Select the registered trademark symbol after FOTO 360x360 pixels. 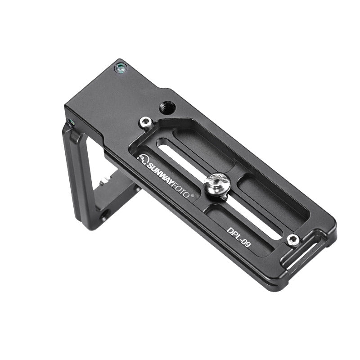pyautogui.click(x=193, y=196)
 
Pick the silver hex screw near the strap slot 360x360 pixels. pyautogui.click(x=292, y=240)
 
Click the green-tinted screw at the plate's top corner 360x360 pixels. pyautogui.click(x=121, y=68)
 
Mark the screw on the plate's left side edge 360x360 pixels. pyautogui.click(x=70, y=122)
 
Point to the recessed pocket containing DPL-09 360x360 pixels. pyautogui.click(x=238, y=232)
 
